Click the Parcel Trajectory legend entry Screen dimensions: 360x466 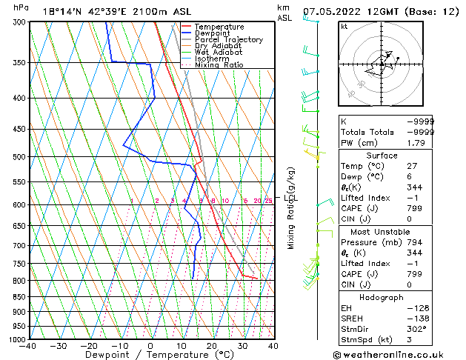click(228, 39)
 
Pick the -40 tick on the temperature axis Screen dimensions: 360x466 click(29, 345)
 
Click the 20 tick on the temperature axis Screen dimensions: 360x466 click(211, 345)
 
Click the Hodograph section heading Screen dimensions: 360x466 click(382, 297)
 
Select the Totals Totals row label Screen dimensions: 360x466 click(367, 131)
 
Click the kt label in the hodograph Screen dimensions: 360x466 click(344, 27)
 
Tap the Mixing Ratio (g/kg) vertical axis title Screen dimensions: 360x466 click(291, 208)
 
